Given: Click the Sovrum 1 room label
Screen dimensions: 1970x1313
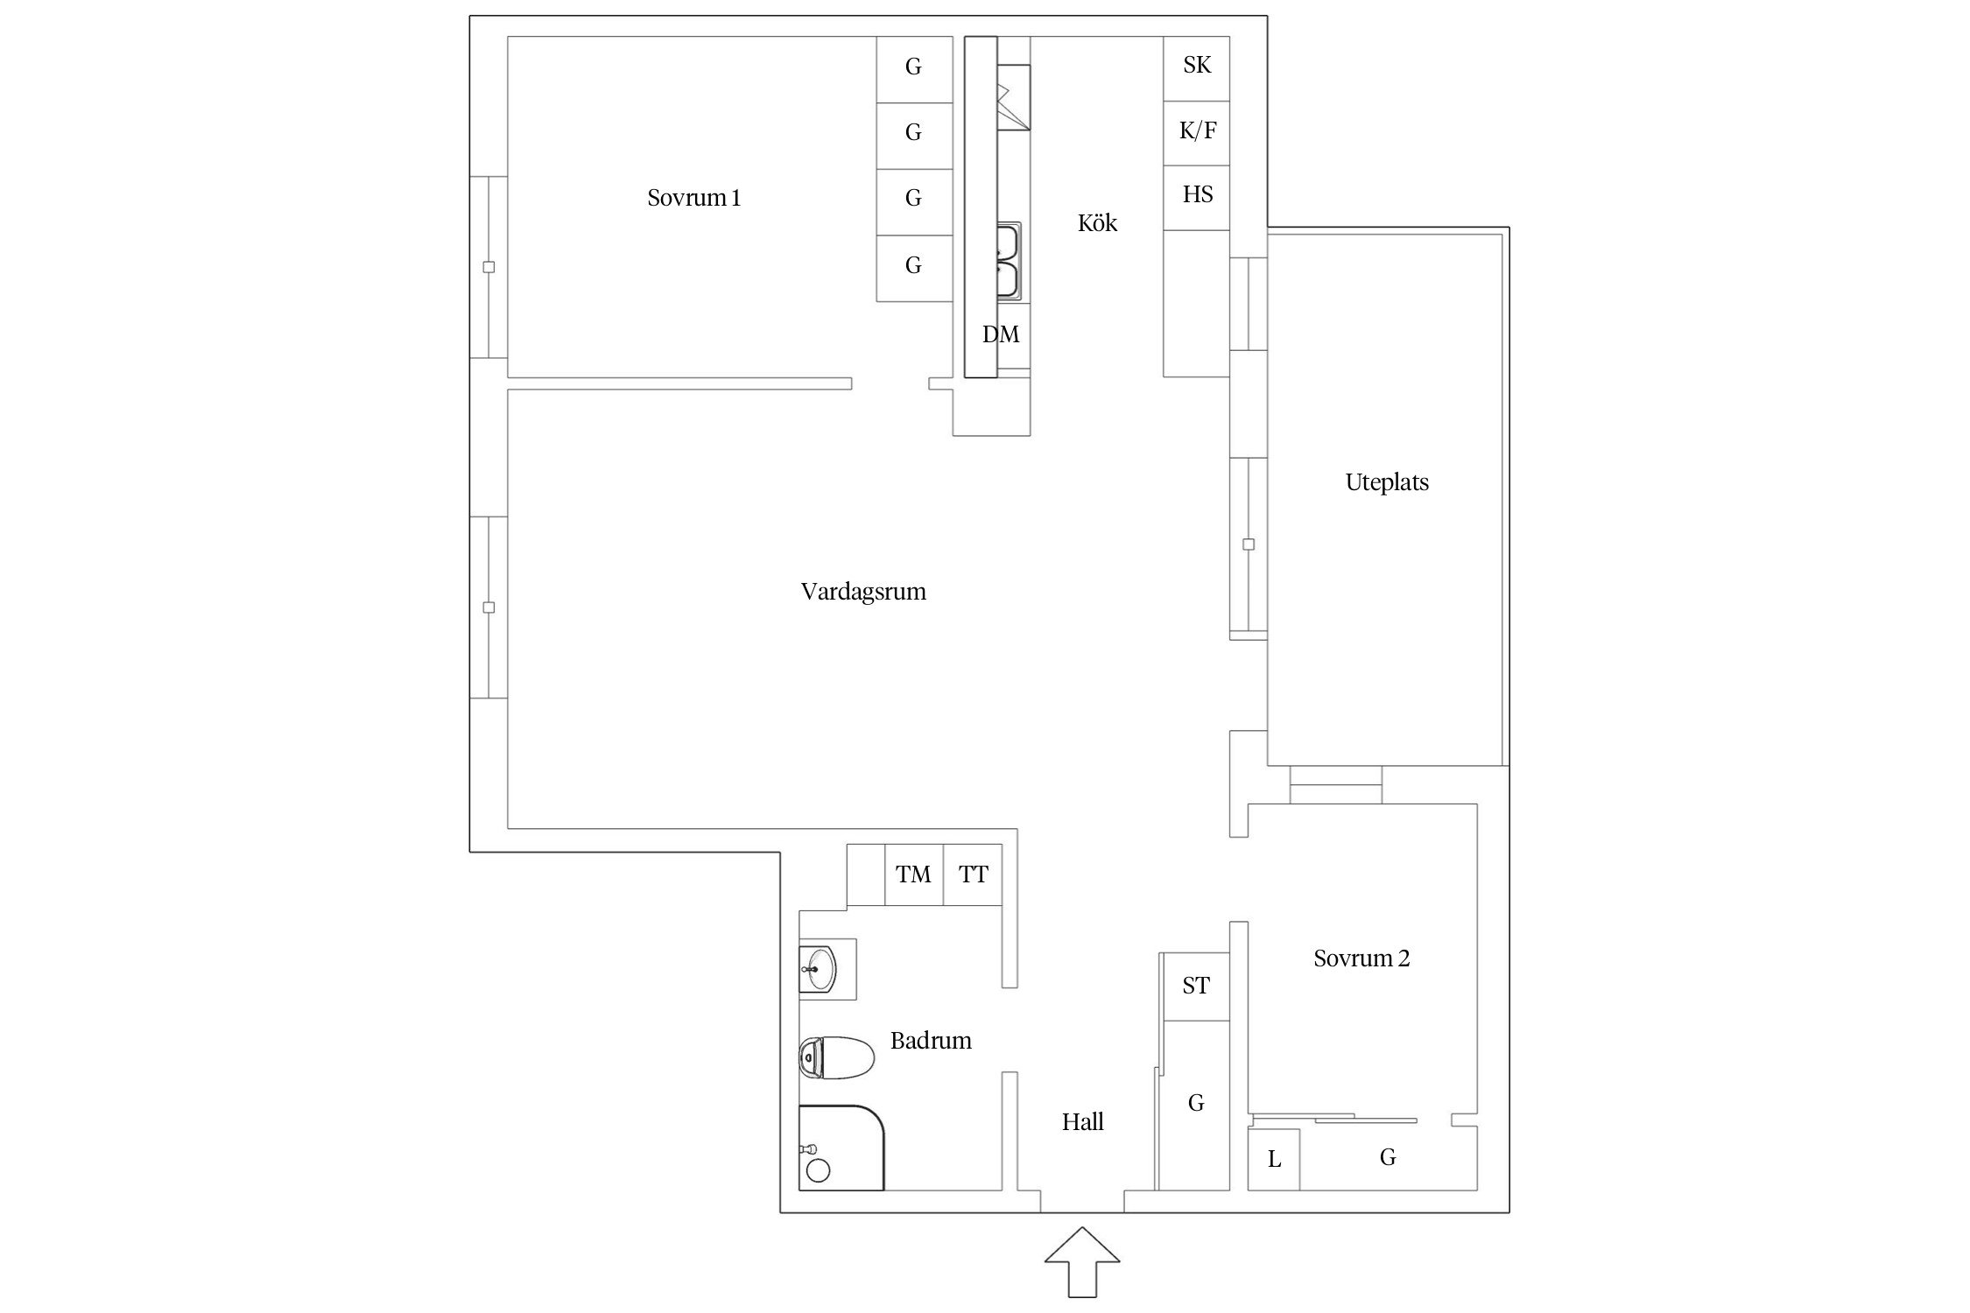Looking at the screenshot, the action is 693,198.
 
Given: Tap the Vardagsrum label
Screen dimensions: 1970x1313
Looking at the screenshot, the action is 863,593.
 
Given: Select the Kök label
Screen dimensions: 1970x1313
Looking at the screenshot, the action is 1097,223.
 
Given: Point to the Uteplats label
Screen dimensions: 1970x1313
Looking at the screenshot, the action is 1387,482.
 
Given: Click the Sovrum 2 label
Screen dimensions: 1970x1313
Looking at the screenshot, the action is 1361,958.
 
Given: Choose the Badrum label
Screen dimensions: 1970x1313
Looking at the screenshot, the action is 931,1041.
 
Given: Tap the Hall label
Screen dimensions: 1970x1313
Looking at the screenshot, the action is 1082,1122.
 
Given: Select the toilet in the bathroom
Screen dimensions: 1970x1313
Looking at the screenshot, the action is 837,1058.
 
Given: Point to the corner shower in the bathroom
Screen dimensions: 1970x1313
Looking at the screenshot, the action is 841,1148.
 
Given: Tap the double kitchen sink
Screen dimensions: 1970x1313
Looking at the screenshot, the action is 1009,262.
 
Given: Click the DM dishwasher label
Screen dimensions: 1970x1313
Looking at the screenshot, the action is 1001,334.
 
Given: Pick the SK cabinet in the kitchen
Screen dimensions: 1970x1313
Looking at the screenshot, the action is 1196,68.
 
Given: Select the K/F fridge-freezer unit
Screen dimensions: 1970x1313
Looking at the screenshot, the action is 1196,133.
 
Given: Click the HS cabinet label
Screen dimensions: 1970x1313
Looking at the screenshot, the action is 1198,194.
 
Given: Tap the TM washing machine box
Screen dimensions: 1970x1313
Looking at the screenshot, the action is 914,874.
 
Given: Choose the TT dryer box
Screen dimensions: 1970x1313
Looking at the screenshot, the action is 973,874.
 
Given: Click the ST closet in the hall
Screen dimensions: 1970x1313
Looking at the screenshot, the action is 1195,987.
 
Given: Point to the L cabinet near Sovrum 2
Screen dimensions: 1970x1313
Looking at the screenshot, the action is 1274,1159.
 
